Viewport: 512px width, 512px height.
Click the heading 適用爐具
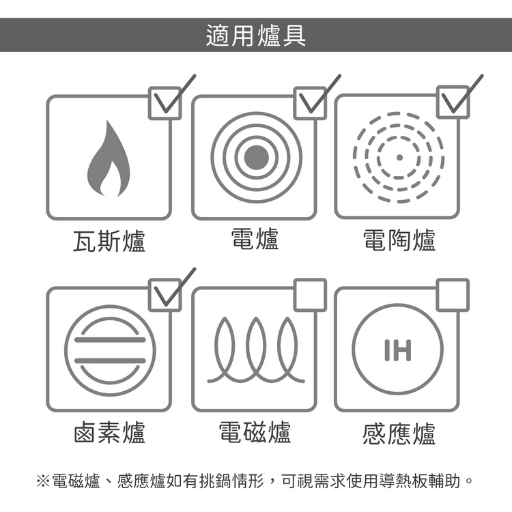pos(256,35)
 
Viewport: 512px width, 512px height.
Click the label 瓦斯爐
pos(109,241)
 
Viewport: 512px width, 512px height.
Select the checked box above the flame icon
pos(165,103)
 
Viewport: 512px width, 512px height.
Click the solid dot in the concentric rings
pos(256,158)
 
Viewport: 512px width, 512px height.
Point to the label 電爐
pos(255,239)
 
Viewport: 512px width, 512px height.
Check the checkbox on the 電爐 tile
pos(310,103)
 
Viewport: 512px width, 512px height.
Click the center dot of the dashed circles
pos(399,158)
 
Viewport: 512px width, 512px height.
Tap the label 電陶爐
pos(399,240)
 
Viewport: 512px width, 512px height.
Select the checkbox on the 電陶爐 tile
pos(453,102)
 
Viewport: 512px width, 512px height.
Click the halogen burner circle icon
pos(110,350)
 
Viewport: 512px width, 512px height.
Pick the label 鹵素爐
pos(109,432)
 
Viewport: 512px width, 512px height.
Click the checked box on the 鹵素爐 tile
pos(165,295)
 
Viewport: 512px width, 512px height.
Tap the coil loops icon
pos(256,350)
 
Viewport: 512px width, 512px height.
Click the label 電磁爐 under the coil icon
pos(255,432)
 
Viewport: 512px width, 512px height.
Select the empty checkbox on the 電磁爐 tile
pos(310,295)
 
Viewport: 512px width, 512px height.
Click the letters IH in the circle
pos(398,350)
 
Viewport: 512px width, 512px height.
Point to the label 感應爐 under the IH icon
pos(399,433)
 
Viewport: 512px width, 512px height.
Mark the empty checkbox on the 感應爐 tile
pos(453,295)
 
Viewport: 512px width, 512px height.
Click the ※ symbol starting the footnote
pos(43,481)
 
